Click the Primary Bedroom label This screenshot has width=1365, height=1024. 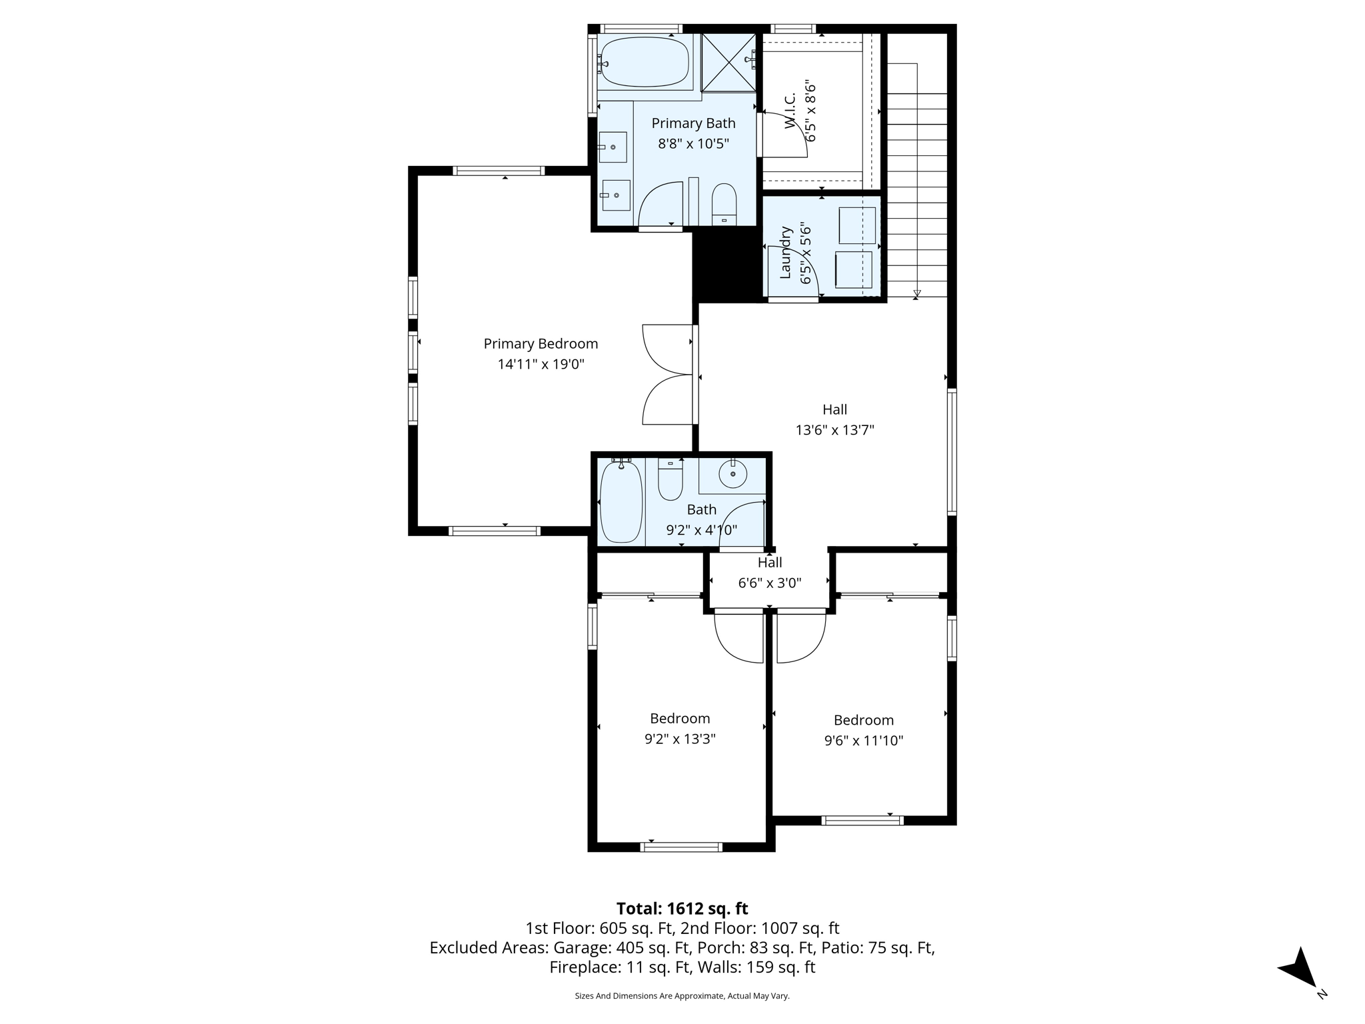tap(541, 343)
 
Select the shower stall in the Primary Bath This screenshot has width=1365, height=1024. tap(728, 61)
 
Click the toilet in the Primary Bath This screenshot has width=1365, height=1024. tap(724, 204)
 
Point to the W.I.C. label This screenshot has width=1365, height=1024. tap(790, 111)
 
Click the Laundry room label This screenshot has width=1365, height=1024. tap(786, 253)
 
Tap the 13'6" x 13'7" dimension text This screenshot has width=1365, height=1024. tap(834, 430)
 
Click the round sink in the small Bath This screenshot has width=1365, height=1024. tap(732, 474)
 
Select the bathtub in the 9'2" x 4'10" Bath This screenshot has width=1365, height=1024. tap(621, 501)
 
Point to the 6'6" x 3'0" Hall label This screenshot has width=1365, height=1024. tap(769, 562)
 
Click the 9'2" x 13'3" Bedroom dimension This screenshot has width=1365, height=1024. tap(680, 739)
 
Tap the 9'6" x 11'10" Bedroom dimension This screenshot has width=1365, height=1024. tap(863, 741)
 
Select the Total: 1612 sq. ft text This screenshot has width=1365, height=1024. tap(682, 909)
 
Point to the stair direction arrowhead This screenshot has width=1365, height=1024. tap(917, 293)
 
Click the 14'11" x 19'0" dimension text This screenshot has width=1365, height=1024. tap(541, 364)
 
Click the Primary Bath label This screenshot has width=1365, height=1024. tap(693, 123)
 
